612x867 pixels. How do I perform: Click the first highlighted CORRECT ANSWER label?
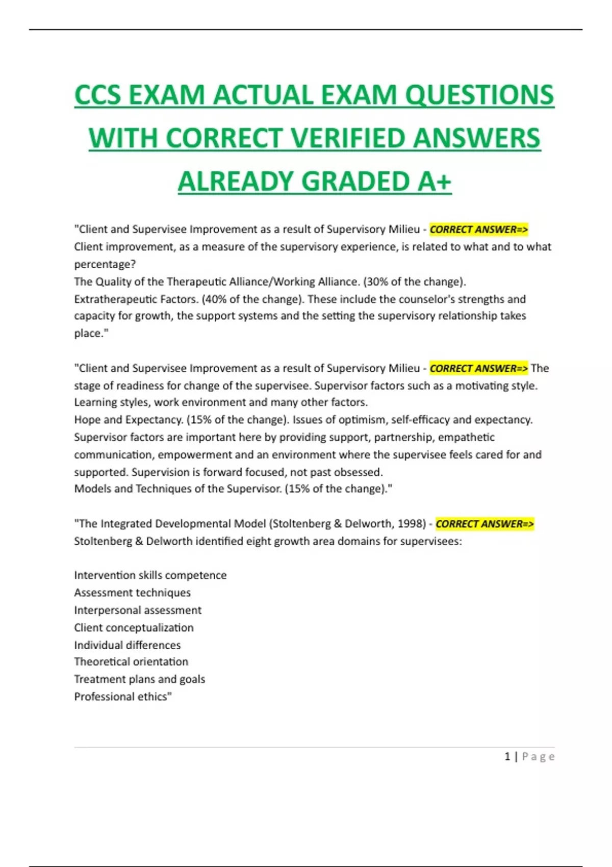click(x=478, y=229)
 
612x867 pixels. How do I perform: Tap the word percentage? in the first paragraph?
click(x=105, y=264)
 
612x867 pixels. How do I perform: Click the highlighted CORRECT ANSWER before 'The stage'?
click(x=478, y=368)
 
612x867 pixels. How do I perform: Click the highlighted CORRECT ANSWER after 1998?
click(x=484, y=524)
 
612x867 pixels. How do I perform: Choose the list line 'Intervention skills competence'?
click(x=150, y=575)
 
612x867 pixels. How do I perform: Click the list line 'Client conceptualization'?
click(x=134, y=627)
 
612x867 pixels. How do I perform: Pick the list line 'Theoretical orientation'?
click(x=131, y=661)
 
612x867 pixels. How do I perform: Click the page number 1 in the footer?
click(x=507, y=756)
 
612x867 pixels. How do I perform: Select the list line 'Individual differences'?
click(x=127, y=645)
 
